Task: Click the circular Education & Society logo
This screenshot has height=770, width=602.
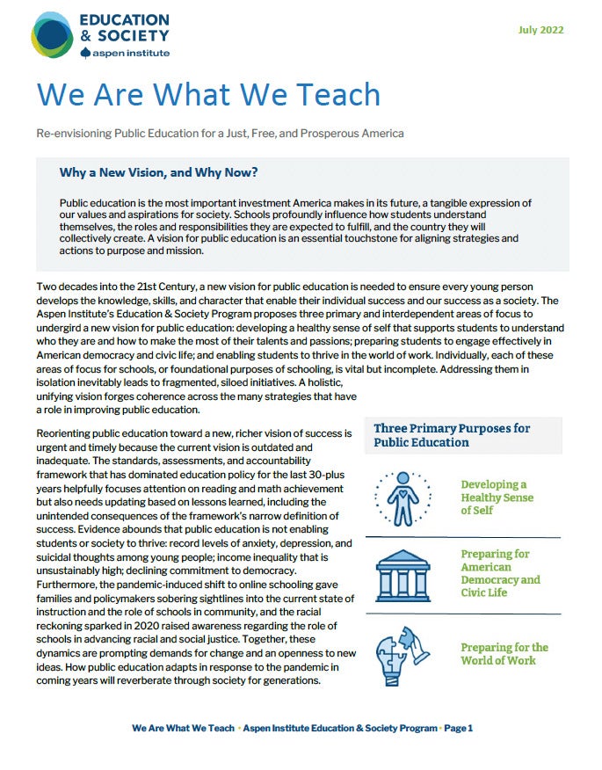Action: pos(53,35)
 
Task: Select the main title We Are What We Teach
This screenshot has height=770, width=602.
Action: pos(208,94)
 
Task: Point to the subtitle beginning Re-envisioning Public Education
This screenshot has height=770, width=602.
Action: pos(221,134)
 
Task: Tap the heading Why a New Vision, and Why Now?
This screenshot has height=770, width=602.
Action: pos(158,172)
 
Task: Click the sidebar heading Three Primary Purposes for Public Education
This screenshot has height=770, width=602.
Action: pos(452,435)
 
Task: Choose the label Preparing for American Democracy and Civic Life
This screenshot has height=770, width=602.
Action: pos(500,573)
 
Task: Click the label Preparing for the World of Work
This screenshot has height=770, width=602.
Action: pos(504,654)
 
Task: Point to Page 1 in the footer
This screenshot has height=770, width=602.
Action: pos(458,728)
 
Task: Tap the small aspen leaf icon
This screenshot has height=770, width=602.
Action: pos(84,53)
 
